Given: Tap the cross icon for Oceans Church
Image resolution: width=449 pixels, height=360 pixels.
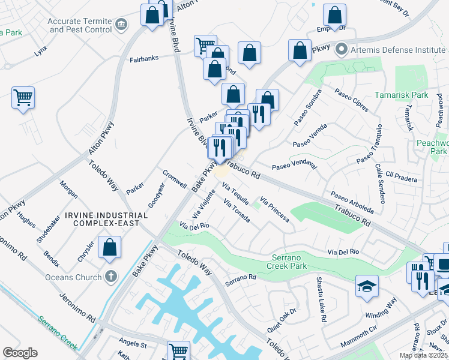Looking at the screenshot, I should [110, 277].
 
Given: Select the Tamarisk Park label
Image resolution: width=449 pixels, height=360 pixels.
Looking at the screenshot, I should [401, 95].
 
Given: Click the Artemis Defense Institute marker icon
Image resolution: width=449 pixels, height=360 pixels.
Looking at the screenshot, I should [342, 49].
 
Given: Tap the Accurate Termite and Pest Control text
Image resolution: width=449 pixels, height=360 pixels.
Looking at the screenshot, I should [80, 25].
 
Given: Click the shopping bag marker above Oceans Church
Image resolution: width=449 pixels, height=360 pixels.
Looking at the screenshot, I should [110, 247].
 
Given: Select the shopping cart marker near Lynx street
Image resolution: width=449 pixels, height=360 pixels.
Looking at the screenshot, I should [23, 97].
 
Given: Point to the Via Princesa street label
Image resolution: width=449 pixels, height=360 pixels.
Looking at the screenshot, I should [274, 209].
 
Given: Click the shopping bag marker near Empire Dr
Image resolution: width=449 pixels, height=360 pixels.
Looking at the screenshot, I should [334, 15].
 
